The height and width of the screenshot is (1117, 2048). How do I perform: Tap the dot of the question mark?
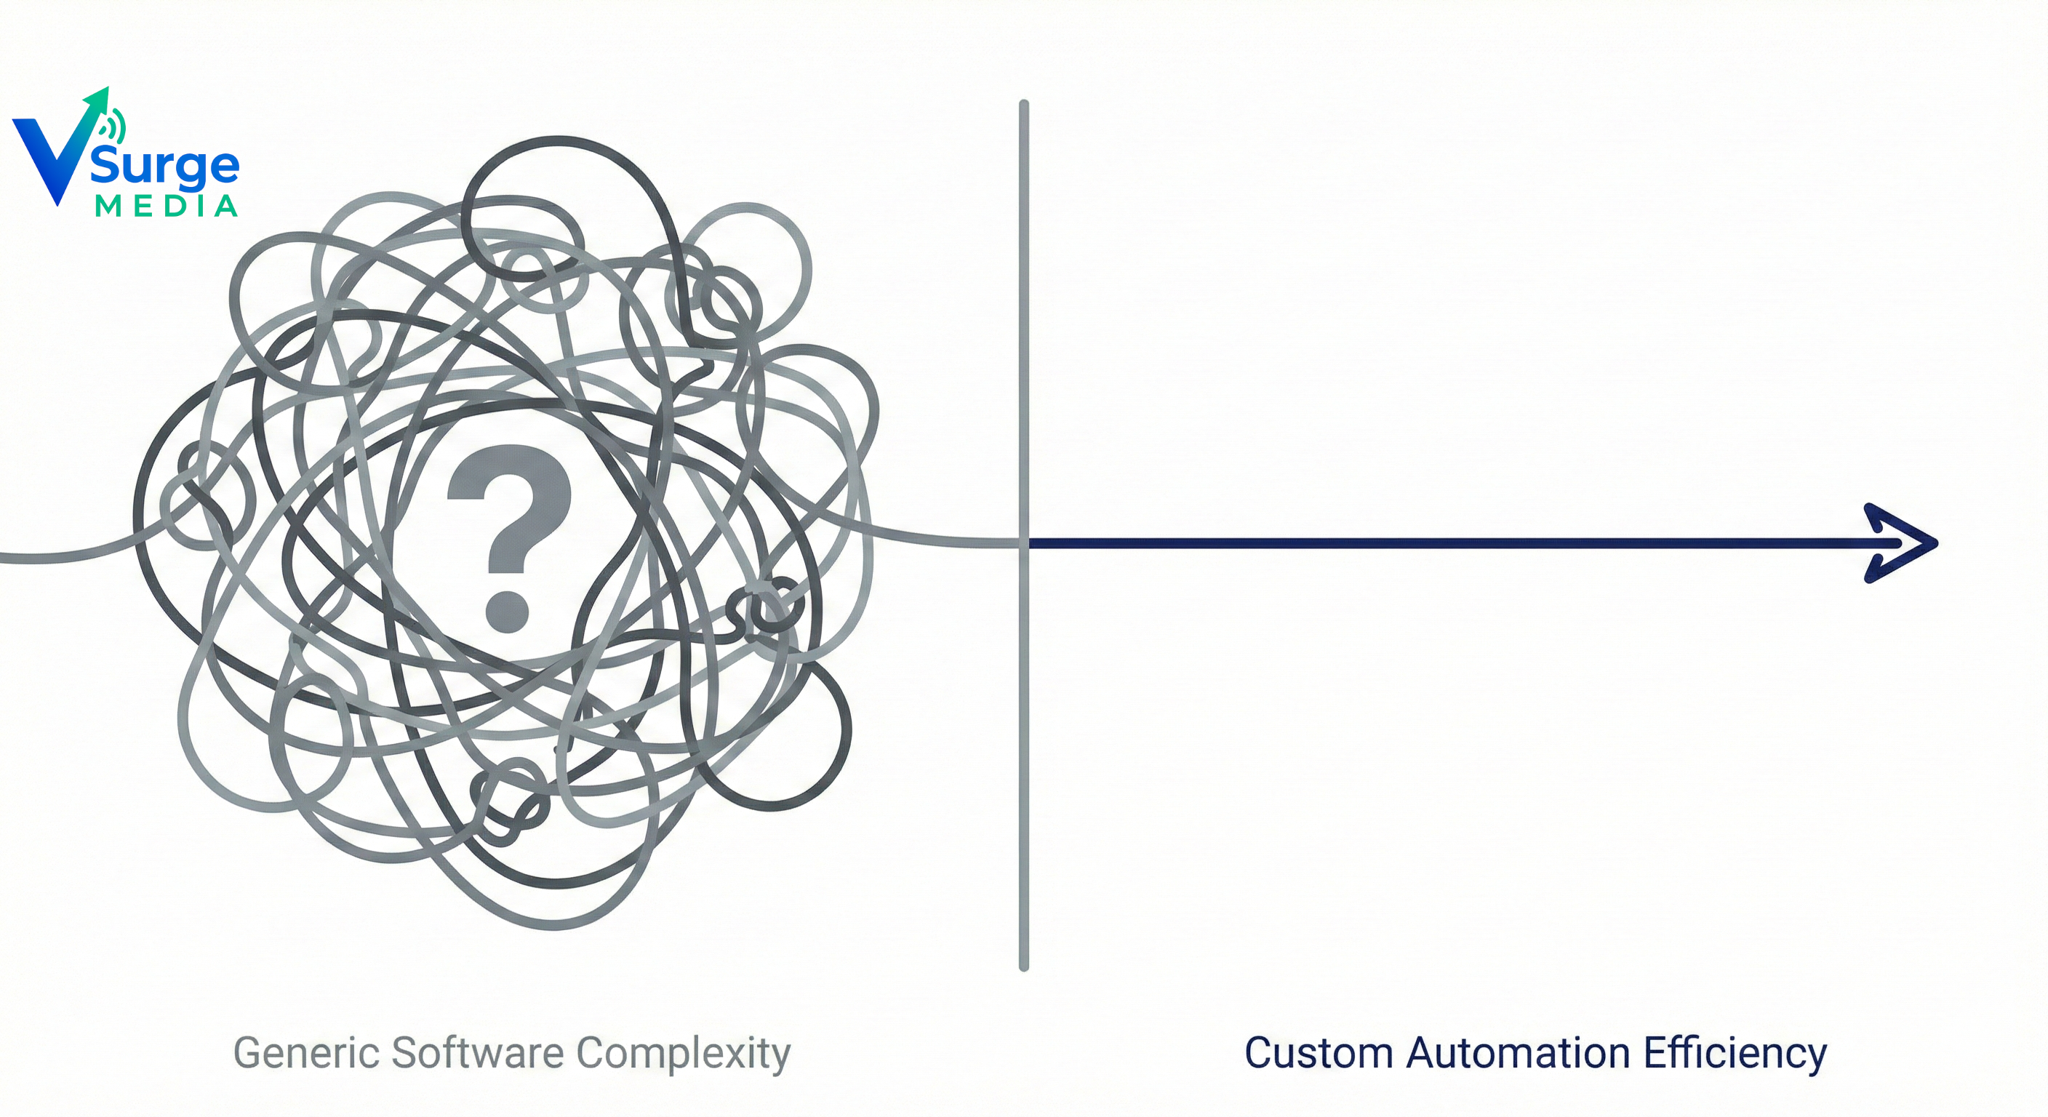pyautogui.click(x=507, y=612)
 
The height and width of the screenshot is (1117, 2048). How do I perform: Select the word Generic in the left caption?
pyautogui.click(x=305, y=1054)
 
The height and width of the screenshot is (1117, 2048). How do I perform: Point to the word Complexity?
pyautogui.click(x=684, y=1054)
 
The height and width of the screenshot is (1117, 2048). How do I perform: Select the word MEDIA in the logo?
pyautogui.click(x=166, y=207)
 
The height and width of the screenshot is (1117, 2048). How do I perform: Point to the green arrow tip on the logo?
pyautogui.click(x=102, y=95)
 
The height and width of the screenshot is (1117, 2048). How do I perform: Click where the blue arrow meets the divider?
pyautogui.click(x=1025, y=543)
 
